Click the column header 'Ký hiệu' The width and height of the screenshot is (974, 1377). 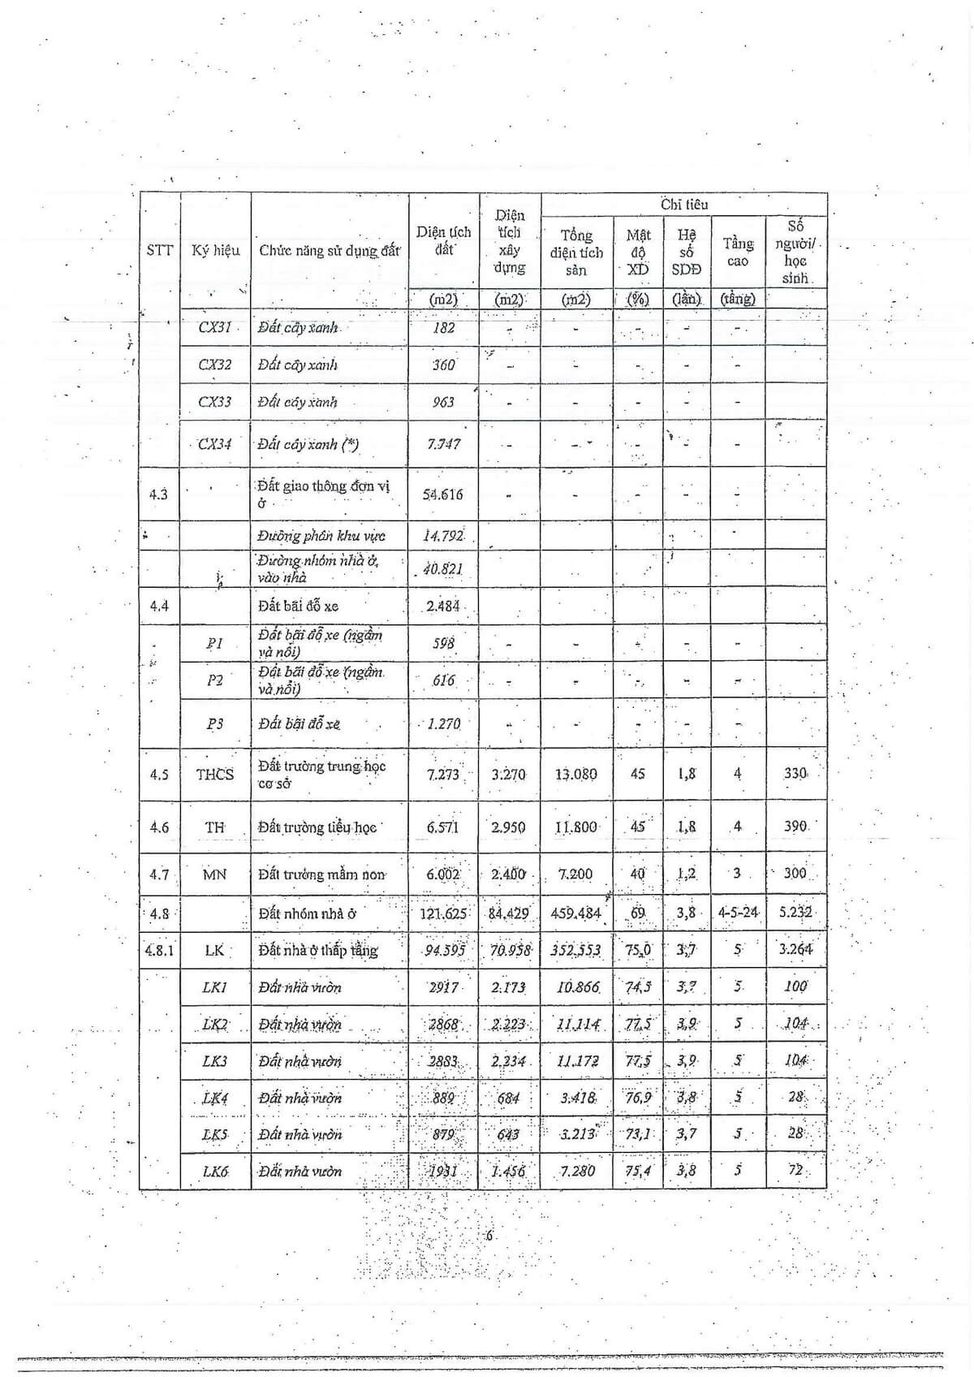tap(215, 250)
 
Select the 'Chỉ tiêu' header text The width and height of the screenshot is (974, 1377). tap(683, 205)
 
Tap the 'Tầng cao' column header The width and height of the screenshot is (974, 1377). tap(738, 252)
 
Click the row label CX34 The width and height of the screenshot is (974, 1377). tap(215, 444)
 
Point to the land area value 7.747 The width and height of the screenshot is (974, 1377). tap(443, 444)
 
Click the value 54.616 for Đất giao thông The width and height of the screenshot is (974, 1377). tap(443, 494)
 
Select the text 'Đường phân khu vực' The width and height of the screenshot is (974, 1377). tap(321, 536)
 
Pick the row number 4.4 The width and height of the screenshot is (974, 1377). tap(159, 606)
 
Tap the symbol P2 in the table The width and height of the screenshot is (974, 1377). tap(214, 680)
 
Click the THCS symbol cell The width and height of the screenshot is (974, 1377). tap(214, 775)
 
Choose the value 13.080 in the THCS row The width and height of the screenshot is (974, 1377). tap(575, 775)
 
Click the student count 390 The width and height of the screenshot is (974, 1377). tap(795, 827)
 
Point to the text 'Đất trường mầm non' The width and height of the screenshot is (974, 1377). tap(321, 874)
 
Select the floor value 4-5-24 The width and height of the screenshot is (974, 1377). tap(738, 913)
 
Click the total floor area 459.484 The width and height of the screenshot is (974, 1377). tap(575, 913)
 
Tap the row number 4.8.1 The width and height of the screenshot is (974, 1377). tap(159, 950)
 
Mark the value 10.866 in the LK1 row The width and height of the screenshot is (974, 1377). tap(577, 987)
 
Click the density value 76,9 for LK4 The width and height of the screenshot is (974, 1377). tap(638, 1098)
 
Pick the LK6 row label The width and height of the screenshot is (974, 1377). tap(215, 1171)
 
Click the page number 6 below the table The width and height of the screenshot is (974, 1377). tap(489, 1237)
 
